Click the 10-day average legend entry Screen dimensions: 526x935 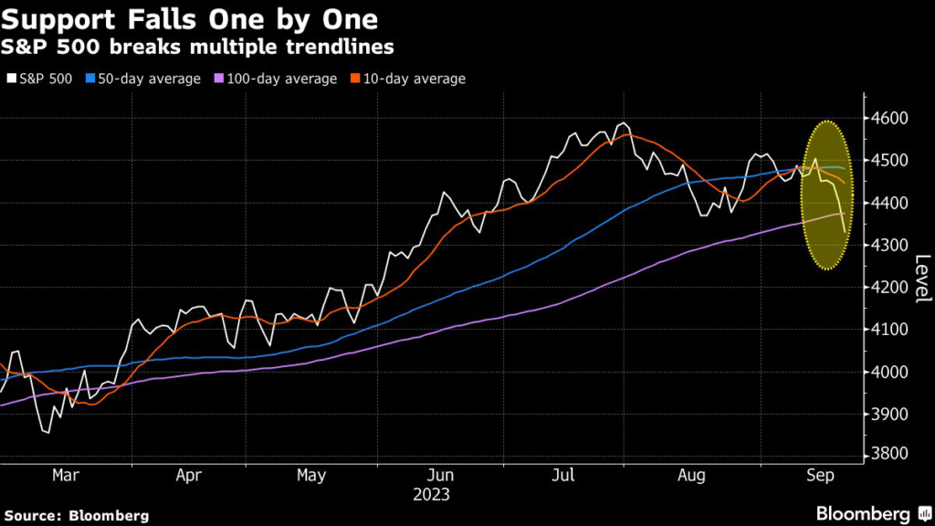tap(408, 79)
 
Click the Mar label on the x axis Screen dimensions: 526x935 tap(64, 476)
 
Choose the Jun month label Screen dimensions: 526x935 tap(441, 476)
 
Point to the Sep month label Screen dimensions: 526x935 tap(818, 476)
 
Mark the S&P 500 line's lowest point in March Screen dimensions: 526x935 tap(47, 432)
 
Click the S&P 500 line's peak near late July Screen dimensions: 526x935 tap(624, 122)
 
